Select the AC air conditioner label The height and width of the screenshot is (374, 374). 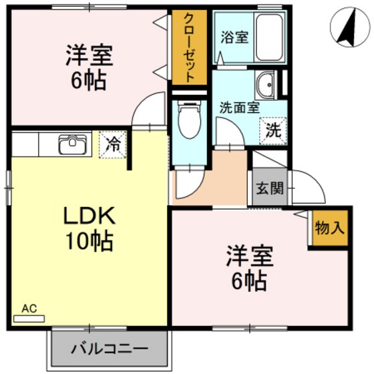(x=29, y=309)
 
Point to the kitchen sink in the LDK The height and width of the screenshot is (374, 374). (x=69, y=144)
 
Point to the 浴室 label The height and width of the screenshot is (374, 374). (x=234, y=37)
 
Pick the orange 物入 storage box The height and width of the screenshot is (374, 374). (x=329, y=228)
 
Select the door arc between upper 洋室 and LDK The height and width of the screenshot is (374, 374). (x=148, y=110)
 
